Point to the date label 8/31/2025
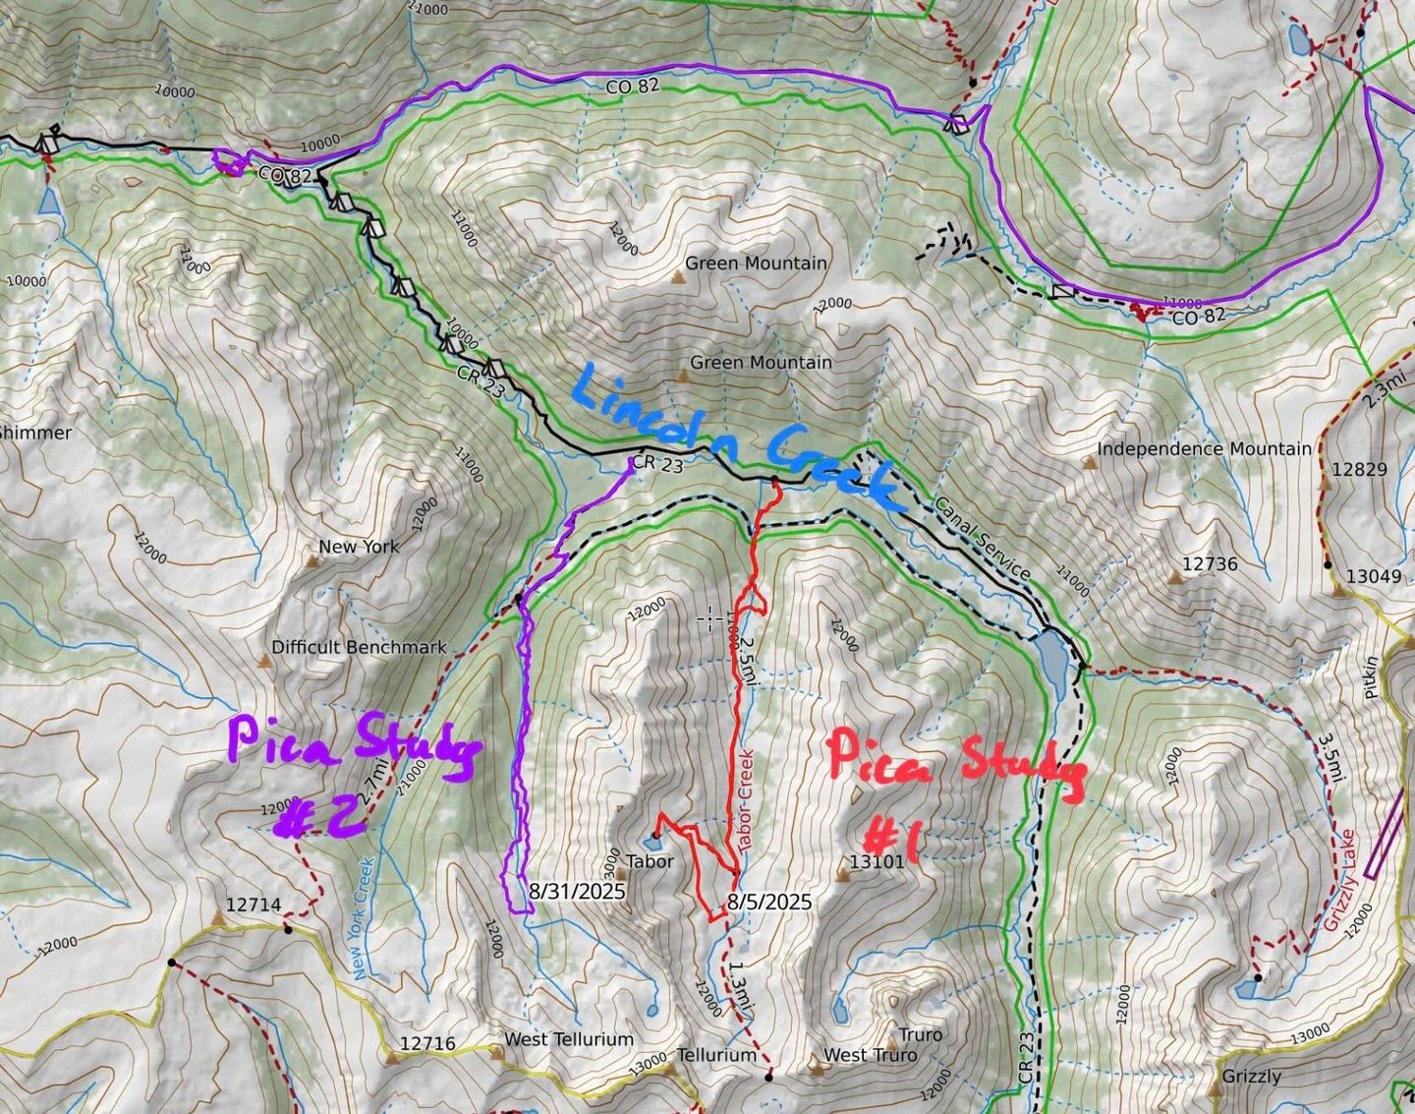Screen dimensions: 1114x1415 tap(577, 891)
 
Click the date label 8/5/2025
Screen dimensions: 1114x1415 tap(769, 901)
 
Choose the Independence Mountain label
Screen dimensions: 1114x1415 tap(1204, 449)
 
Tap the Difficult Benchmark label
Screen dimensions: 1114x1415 tap(359, 647)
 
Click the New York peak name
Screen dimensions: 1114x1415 tap(359, 547)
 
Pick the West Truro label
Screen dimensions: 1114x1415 tap(870, 1055)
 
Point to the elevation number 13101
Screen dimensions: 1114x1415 tap(877, 862)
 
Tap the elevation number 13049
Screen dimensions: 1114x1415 tap(1373, 576)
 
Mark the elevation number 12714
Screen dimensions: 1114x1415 tap(254, 905)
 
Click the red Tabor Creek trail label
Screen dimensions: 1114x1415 tap(744, 796)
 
